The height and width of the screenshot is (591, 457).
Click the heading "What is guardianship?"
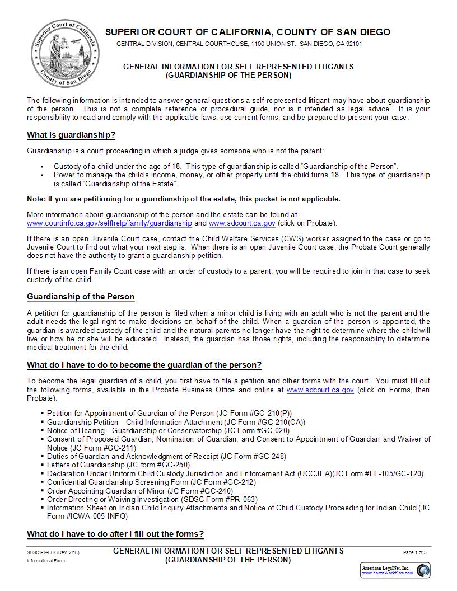[x=71, y=135]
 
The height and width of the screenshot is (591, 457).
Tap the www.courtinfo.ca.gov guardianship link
[x=109, y=223]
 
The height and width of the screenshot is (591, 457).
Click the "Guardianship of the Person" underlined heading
[x=81, y=297]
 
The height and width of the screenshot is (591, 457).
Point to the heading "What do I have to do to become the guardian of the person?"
[x=144, y=365]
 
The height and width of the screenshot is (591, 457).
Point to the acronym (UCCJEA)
[x=315, y=473]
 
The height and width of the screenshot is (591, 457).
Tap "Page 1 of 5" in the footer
[x=415, y=552]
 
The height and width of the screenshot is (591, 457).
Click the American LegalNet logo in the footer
[x=395, y=570]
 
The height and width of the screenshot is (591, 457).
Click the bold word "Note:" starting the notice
[x=36, y=199]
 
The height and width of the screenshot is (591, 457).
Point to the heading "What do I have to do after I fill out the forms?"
[x=115, y=533]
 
